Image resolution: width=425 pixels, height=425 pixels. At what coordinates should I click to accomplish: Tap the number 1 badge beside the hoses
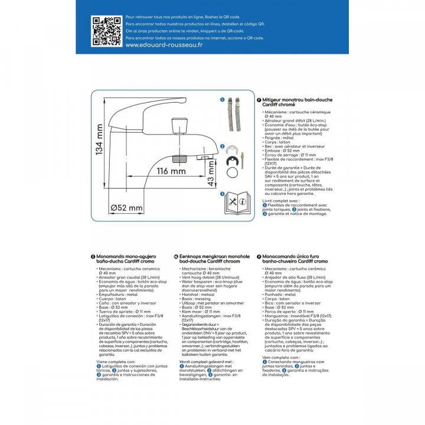coord(223,100)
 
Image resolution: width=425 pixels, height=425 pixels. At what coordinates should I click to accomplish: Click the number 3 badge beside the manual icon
coord(223,194)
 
